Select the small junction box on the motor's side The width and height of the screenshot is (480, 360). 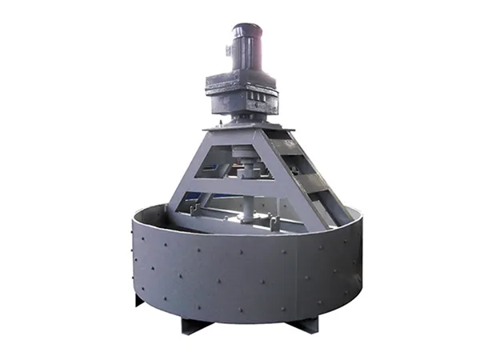click(230, 50)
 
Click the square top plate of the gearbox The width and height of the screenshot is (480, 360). click(240, 79)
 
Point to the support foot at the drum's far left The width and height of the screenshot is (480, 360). click(136, 300)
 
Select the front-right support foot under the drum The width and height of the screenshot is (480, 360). click(303, 325)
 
